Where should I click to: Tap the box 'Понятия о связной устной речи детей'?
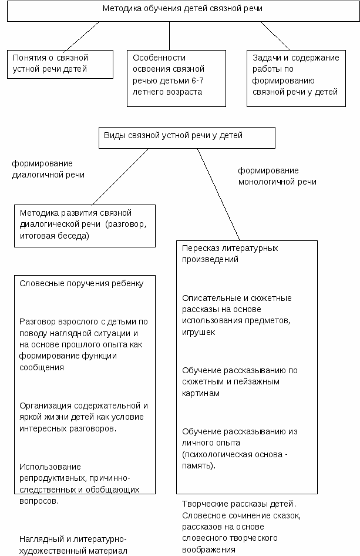tap(60, 64)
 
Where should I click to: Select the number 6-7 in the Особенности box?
tap(197, 81)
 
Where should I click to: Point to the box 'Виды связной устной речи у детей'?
tap(187, 138)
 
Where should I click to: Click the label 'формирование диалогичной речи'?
tap(48, 169)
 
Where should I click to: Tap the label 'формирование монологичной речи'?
tap(277, 176)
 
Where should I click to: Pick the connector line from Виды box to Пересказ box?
tap(218, 195)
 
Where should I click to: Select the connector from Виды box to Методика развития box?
tap(120, 176)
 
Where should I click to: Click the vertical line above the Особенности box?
tap(169, 36)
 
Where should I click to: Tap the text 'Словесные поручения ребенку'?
tap(82, 284)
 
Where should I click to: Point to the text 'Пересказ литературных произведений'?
tap(230, 253)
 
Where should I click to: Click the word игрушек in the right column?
tap(198, 333)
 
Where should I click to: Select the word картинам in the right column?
tap(200, 394)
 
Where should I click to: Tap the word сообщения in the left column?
tap(42, 367)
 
